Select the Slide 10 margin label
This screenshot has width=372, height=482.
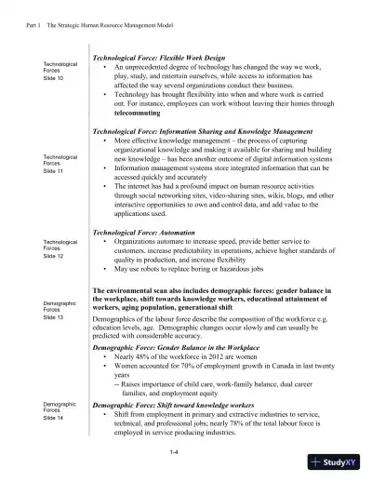click(54, 78)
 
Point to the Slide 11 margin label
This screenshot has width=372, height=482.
click(54, 171)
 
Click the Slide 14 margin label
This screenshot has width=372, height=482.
click(54, 419)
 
